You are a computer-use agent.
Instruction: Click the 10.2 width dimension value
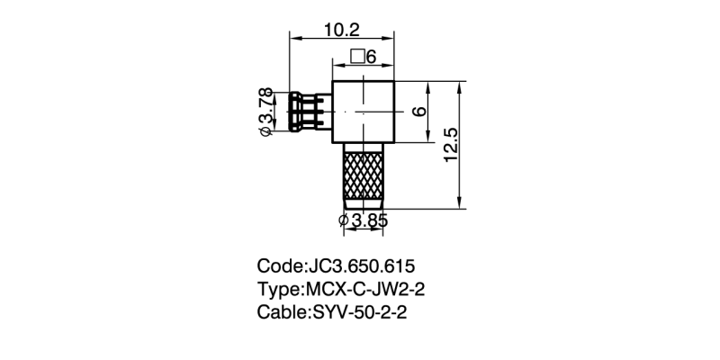341,30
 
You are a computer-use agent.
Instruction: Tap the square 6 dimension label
363,58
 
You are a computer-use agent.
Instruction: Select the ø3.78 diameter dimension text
266,112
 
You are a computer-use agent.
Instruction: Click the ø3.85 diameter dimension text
363,220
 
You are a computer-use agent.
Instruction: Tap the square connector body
364,112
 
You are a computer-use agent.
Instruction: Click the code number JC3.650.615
361,266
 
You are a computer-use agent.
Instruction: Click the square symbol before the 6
357,58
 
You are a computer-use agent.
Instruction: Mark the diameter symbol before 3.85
344,220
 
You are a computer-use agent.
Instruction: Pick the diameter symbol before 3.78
266,132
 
